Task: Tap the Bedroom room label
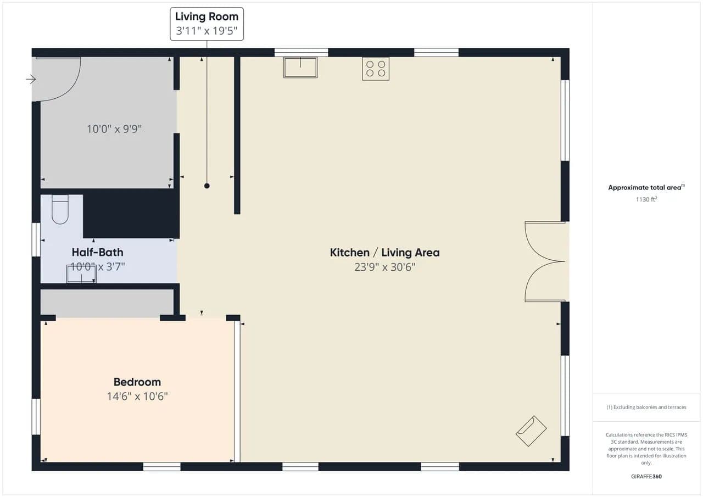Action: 137,382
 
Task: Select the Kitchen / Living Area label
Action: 384,252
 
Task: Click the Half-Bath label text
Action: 97,252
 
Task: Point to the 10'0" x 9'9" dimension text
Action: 114,129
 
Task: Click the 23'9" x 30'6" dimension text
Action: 385,267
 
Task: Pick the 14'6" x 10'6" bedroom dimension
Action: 137,397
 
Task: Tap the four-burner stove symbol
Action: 376,69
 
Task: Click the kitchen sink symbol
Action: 300,67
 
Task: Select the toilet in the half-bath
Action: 60,209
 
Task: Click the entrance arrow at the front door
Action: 31,80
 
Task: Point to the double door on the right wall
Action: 545,261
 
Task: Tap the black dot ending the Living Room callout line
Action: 207,186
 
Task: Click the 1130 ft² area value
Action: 646,199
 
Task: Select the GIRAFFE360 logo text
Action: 646,476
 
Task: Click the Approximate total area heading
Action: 646,187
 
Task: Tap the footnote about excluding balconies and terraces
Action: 646,407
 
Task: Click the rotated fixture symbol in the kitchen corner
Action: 531,431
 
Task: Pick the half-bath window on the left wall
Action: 36,239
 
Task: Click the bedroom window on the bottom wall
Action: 161,467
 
